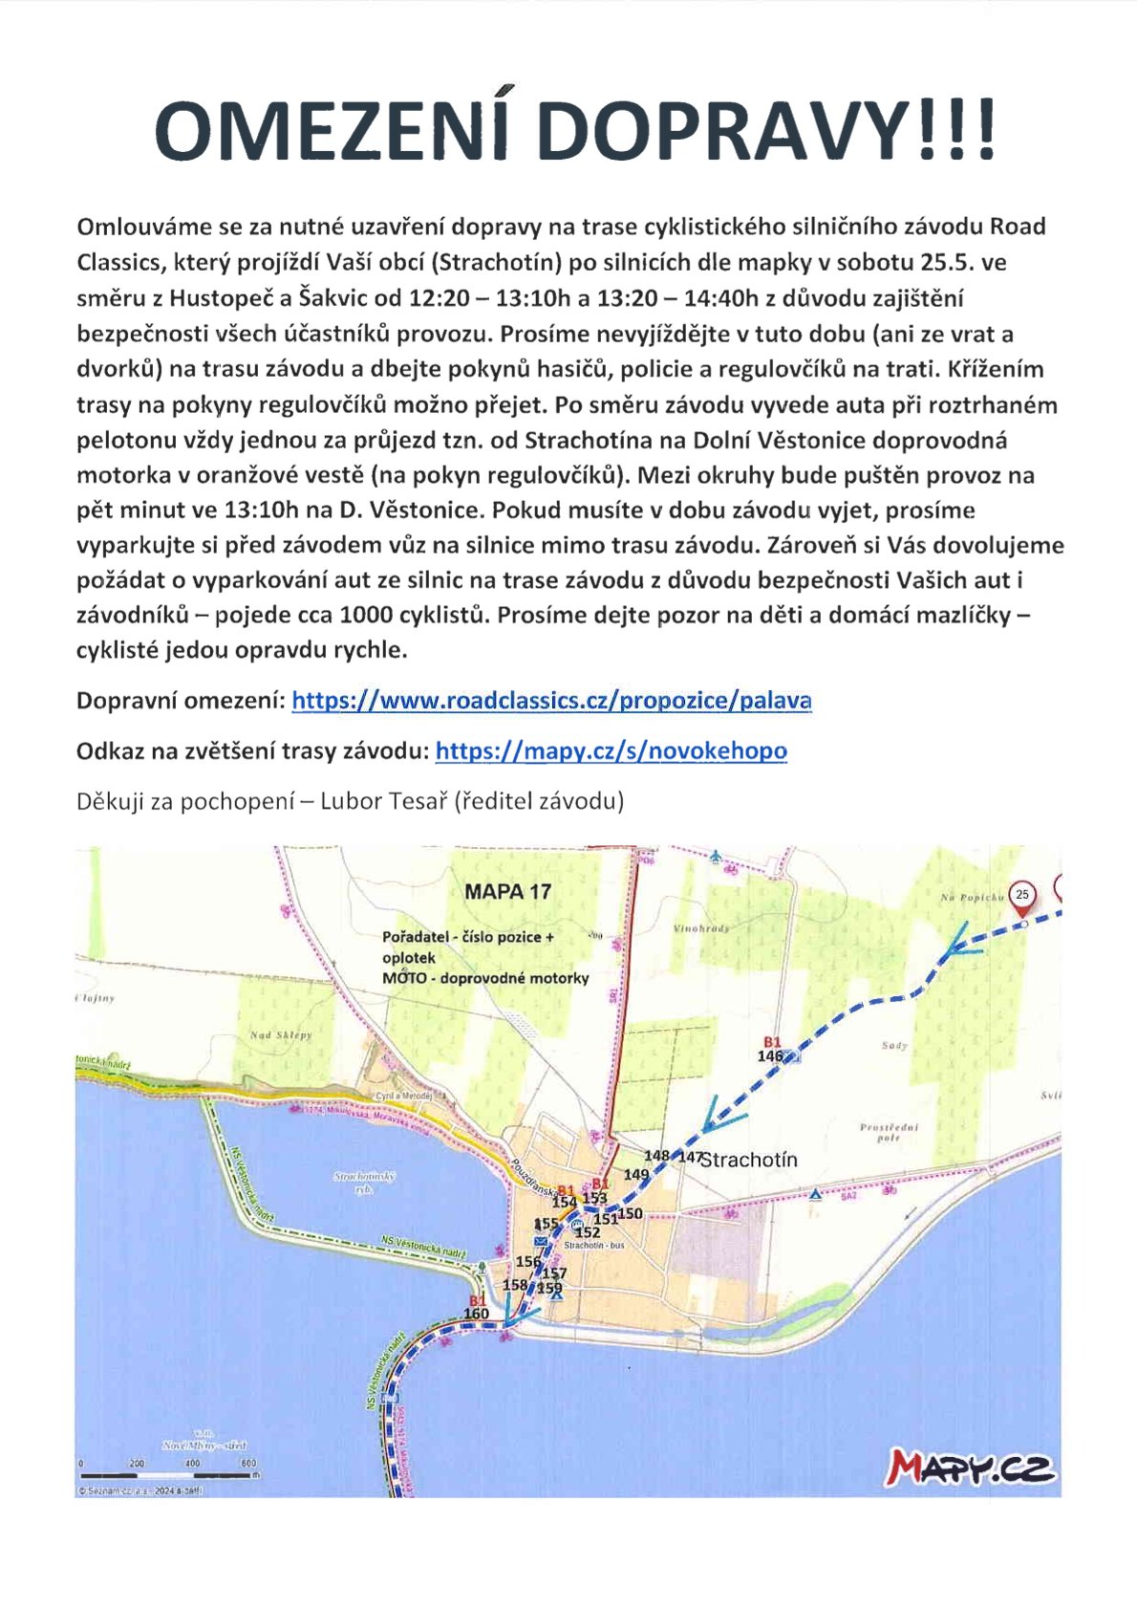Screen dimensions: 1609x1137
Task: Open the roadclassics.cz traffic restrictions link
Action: click(551, 701)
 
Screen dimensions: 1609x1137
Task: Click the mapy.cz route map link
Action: click(611, 751)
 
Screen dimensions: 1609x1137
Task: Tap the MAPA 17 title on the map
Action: click(507, 892)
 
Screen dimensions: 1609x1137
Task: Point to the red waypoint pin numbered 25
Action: click(1022, 897)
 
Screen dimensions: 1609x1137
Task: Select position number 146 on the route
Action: click(770, 1056)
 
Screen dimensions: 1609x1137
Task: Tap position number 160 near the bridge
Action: click(476, 1314)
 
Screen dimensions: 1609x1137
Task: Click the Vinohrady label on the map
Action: click(701, 928)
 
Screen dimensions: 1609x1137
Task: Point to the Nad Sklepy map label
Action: click(280, 1035)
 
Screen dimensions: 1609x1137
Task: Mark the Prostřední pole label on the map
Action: click(889, 1133)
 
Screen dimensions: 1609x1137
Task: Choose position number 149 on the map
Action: click(636, 1174)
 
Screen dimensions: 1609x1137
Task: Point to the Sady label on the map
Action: click(894, 1046)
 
